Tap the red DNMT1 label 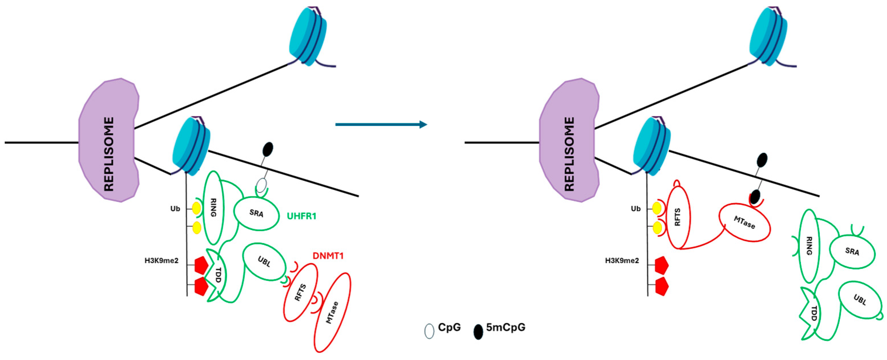pyautogui.click(x=328, y=256)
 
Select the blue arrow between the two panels pyautogui.click(x=381, y=124)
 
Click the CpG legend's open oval pyautogui.click(x=429, y=331)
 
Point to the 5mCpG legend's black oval pyautogui.click(x=478, y=332)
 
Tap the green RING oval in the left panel pyautogui.click(x=213, y=208)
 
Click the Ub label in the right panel pyautogui.click(x=636, y=209)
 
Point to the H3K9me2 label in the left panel pyautogui.click(x=161, y=261)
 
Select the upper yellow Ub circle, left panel pyautogui.click(x=196, y=209)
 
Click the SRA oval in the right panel pyautogui.click(x=852, y=252)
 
